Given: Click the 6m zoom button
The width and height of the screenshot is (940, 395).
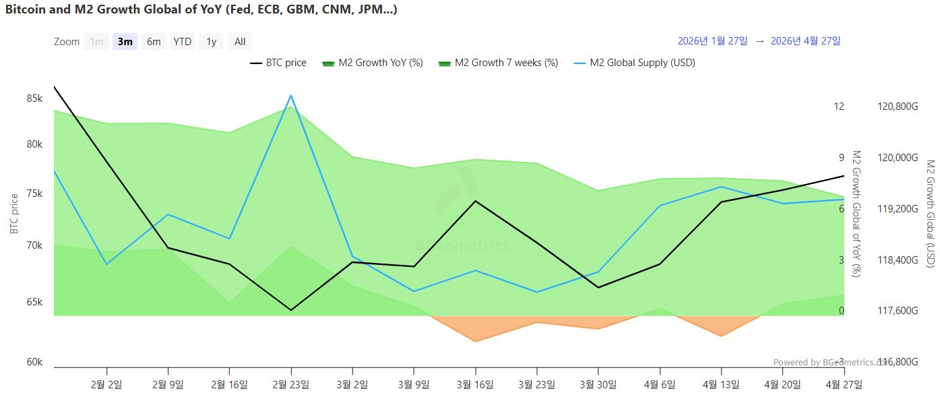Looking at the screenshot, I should pyautogui.click(x=154, y=42).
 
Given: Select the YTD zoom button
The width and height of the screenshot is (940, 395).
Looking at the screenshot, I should pyautogui.click(x=182, y=42).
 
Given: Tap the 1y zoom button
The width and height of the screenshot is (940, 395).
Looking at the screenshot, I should pyautogui.click(x=211, y=42).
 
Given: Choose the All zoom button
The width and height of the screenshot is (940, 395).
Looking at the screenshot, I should pyautogui.click(x=240, y=42).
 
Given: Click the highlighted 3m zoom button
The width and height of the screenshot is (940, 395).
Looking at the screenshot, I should pyautogui.click(x=125, y=42).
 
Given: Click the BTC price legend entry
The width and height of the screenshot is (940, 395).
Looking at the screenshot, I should pyautogui.click(x=278, y=63).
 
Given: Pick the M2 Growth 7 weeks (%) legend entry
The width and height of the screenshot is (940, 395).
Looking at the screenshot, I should pyautogui.click(x=498, y=63).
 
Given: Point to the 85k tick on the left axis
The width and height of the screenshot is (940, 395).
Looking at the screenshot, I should pyautogui.click(x=34, y=98).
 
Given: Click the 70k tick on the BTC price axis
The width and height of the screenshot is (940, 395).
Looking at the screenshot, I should pyautogui.click(x=34, y=245).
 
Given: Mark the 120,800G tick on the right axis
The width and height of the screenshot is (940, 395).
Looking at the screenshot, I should pyautogui.click(x=898, y=107).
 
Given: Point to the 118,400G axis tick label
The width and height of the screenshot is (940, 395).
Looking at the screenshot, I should pyautogui.click(x=898, y=260).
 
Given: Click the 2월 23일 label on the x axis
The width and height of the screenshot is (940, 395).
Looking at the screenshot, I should pyautogui.click(x=291, y=384).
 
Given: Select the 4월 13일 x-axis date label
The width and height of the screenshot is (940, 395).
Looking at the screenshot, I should pyautogui.click(x=722, y=384).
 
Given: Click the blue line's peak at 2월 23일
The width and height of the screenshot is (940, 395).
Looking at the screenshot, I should pyautogui.click(x=291, y=96).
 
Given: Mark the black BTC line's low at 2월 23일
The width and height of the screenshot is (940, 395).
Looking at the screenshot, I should pyautogui.click(x=291, y=310).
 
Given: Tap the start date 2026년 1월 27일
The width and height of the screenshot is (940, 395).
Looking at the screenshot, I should pyautogui.click(x=712, y=41).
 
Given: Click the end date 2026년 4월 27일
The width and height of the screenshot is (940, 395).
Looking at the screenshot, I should pyautogui.click(x=805, y=41).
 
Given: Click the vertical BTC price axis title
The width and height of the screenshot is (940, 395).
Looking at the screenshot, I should pyautogui.click(x=15, y=214).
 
